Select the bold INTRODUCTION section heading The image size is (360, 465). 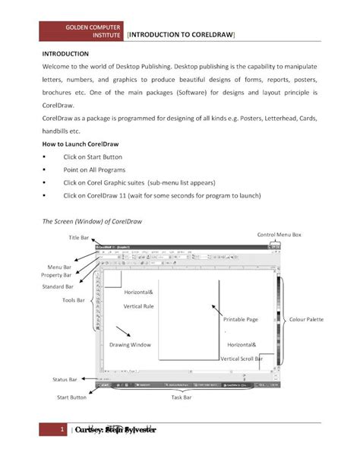[x=65, y=55]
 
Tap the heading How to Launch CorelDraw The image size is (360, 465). [x=81, y=143]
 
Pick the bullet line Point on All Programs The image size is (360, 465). [x=95, y=170]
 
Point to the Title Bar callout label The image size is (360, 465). [x=79, y=238]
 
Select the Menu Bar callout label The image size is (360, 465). [x=60, y=267]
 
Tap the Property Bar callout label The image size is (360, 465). [x=57, y=275]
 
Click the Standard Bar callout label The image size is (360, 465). [x=58, y=287]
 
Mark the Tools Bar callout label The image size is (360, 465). [x=75, y=300]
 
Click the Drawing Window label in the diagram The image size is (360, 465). [x=130, y=344]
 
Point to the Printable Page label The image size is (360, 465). [x=241, y=320]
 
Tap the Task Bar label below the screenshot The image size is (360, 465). [x=181, y=397]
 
